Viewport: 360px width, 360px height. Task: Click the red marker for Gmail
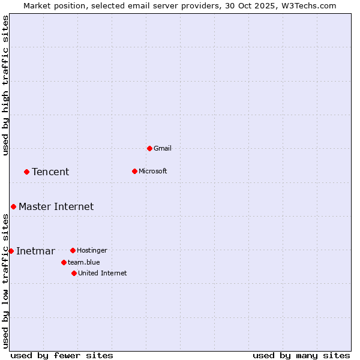149,148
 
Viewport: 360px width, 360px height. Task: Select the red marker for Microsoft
134,171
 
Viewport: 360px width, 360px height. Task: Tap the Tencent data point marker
26,172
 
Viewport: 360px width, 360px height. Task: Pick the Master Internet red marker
13,206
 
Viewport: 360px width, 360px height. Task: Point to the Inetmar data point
11,251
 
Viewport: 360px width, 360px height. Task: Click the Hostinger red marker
73,250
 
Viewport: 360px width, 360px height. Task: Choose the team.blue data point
64,262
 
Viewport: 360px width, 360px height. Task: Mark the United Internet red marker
74,273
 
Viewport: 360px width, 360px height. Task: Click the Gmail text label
163,148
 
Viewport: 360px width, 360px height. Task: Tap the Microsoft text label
153,171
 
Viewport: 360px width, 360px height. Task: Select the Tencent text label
50,172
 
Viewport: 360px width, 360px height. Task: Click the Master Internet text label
56,207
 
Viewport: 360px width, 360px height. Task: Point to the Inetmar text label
35,251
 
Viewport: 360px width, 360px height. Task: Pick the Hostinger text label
92,250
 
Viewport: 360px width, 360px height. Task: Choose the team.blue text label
84,262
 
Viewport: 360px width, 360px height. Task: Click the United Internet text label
103,273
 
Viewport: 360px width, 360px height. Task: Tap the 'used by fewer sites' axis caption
62,355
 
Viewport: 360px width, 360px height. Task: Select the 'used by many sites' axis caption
301,355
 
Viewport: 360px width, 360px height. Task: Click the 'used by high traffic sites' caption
6,85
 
